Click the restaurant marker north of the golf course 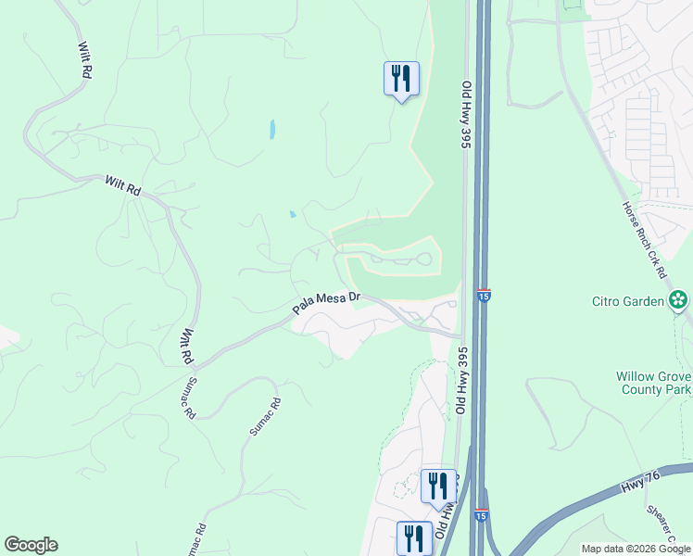pyautogui.click(x=401, y=79)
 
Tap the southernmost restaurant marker pyautogui.click(x=414, y=537)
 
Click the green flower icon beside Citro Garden pyautogui.click(x=679, y=299)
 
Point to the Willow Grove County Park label pyautogui.click(x=653, y=384)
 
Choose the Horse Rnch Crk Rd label pyautogui.click(x=645, y=239)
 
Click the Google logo pyautogui.click(x=31, y=545)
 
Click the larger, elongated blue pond pyautogui.click(x=271, y=130)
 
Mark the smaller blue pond pyautogui.click(x=293, y=214)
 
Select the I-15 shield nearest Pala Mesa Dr pyautogui.click(x=483, y=296)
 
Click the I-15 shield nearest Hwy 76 pyautogui.click(x=480, y=514)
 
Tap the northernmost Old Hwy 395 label pyautogui.click(x=467, y=115)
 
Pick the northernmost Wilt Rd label pyautogui.click(x=85, y=57)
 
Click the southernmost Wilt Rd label pyautogui.click(x=187, y=345)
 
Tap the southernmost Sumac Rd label pyautogui.click(x=195, y=541)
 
